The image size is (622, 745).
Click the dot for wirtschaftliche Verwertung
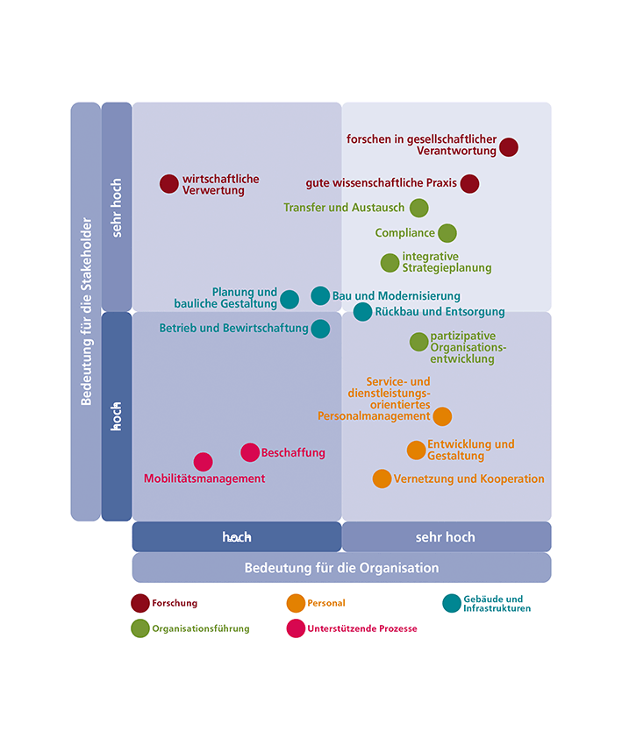pyautogui.click(x=169, y=184)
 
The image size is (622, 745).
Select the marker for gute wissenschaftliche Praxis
pyautogui.click(x=469, y=183)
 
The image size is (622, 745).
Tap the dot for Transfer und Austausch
pyautogui.click(x=419, y=208)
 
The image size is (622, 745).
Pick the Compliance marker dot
pyautogui.click(x=447, y=233)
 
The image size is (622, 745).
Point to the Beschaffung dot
pyautogui.click(x=250, y=452)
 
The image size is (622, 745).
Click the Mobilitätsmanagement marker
pyautogui.click(x=204, y=462)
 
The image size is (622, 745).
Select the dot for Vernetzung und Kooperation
pyautogui.click(x=382, y=479)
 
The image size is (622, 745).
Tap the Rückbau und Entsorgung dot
pyautogui.click(x=362, y=311)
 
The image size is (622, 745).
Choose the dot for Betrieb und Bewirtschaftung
pyautogui.click(x=320, y=329)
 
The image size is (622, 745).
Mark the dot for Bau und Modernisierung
pyautogui.click(x=320, y=295)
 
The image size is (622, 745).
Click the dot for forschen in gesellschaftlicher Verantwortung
pyautogui.click(x=509, y=147)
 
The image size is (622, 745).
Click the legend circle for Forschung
pyautogui.click(x=140, y=603)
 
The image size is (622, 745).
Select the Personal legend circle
pyautogui.click(x=296, y=603)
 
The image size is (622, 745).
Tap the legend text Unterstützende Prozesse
pyautogui.click(x=361, y=628)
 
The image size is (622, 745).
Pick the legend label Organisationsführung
pyautogui.click(x=201, y=628)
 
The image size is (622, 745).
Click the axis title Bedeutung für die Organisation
pyautogui.click(x=341, y=568)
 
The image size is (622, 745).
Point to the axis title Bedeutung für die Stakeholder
pyautogui.click(x=86, y=311)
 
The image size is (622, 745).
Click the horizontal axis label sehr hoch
pyautogui.click(x=446, y=537)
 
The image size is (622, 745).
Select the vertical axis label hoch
pyautogui.click(x=117, y=416)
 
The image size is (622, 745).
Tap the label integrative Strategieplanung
pyautogui.click(x=447, y=262)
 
